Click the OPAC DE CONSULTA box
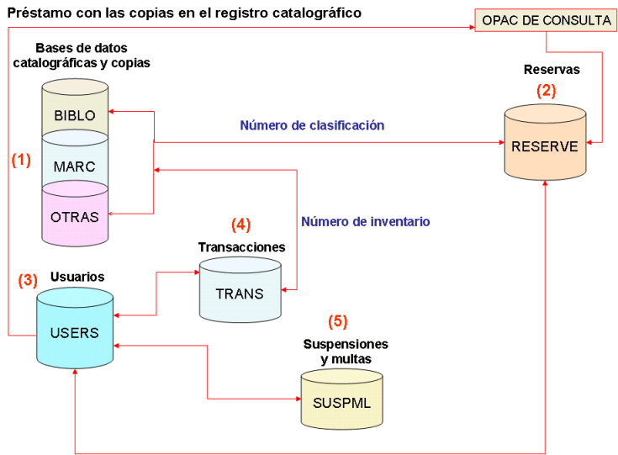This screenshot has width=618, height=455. point(546,19)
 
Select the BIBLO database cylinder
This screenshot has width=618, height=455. point(74,114)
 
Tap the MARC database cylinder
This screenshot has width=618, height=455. point(74,166)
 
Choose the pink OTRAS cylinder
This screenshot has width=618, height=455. point(74,216)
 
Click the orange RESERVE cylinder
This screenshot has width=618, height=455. point(544,146)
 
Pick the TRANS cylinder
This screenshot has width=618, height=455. point(240,294)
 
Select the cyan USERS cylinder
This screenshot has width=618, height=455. point(74,332)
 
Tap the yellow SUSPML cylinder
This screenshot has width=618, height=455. point(341,401)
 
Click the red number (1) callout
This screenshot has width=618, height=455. point(21,161)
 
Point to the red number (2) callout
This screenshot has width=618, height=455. point(547,90)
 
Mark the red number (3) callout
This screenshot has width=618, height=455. point(28,279)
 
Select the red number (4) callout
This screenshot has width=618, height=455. point(240,225)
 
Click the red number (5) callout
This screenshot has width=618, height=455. point(337,320)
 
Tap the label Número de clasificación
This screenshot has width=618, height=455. point(312,125)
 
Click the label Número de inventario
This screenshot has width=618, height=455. point(366,222)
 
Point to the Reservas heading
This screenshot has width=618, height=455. point(552,69)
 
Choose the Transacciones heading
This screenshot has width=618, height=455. point(241,247)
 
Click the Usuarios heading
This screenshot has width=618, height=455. point(77,276)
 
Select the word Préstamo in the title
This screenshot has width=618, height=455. point(39,13)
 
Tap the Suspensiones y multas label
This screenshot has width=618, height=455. point(346,352)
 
